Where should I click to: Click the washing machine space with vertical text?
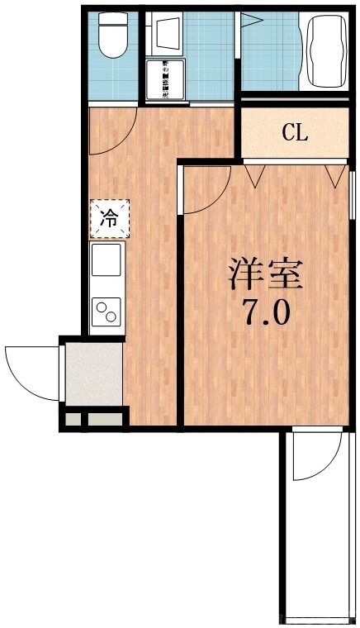[166, 80]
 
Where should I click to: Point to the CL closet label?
[294, 132]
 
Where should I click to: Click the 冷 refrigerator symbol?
[108, 218]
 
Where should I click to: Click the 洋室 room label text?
[267, 274]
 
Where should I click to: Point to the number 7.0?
[265, 313]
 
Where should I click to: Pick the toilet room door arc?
[111, 132]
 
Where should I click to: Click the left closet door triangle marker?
[254, 174]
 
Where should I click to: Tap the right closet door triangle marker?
[334, 174]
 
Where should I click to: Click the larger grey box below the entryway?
[105, 419]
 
